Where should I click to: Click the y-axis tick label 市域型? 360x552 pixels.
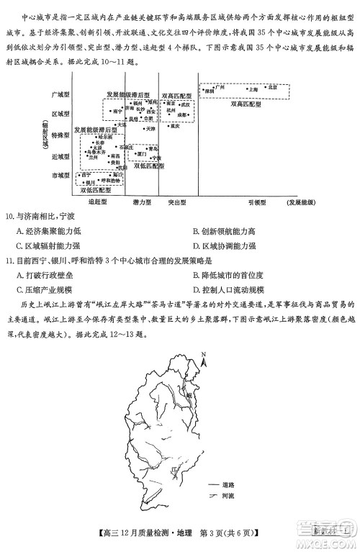pyautogui.click(x=60, y=175)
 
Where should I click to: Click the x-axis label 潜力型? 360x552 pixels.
pyautogui.click(x=143, y=202)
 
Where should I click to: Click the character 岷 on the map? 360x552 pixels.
pyautogui.click(x=189, y=395)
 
